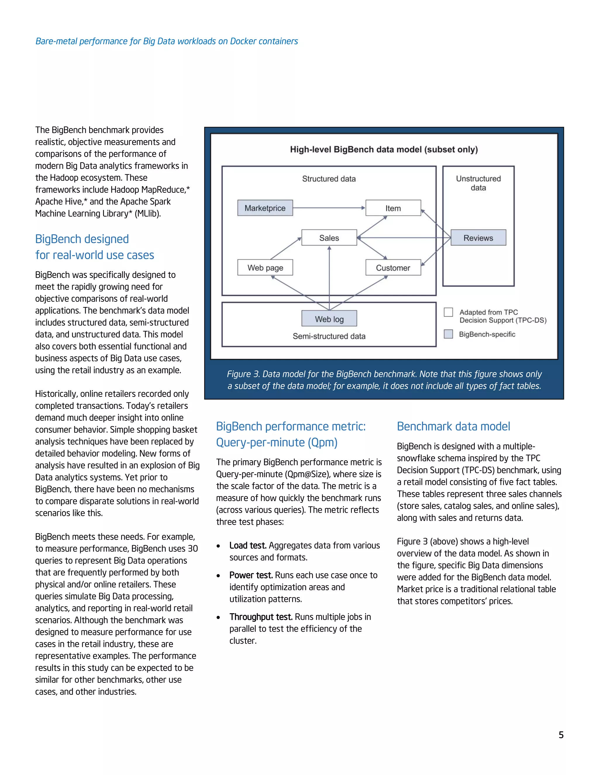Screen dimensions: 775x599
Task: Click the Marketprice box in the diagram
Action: pos(265,208)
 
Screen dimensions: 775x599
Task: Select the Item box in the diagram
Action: pos(393,208)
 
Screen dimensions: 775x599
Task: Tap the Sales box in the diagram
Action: pos(329,238)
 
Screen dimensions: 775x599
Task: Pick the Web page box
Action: pos(265,268)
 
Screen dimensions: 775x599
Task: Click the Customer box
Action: pos(393,268)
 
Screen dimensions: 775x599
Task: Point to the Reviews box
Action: pos(478,238)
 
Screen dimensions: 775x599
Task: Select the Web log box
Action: pos(329,319)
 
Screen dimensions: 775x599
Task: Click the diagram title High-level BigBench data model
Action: pos(384,149)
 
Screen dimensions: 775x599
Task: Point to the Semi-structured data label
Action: pos(329,336)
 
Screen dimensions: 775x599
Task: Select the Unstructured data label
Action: pos(478,183)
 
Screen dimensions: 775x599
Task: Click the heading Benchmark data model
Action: pos(453,426)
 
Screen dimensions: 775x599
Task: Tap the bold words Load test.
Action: pos(248,545)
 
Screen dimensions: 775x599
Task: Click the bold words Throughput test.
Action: pos(261,617)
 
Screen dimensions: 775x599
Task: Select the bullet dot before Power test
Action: pos(218,576)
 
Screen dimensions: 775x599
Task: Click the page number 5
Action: pos(561,735)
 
